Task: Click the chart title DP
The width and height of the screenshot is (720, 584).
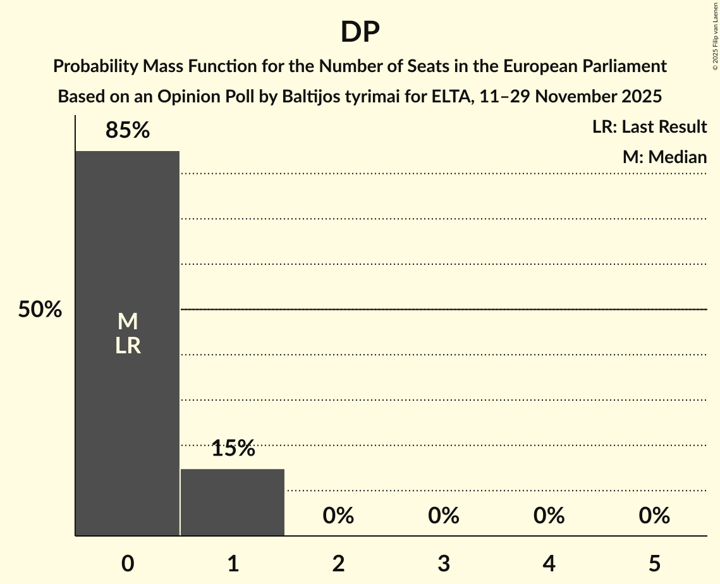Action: click(x=360, y=32)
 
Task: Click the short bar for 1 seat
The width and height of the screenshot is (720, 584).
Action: click(x=233, y=502)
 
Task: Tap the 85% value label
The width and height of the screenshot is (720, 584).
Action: click(x=128, y=131)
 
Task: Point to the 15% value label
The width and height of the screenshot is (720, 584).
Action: click(x=233, y=449)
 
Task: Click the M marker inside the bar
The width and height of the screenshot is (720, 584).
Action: click(x=128, y=322)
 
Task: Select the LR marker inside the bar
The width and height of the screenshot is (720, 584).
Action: click(x=128, y=346)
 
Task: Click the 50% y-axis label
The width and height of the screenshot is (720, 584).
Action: click(x=40, y=310)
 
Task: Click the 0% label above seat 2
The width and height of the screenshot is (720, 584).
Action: click(x=338, y=516)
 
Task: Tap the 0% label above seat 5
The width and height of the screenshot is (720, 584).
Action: click(x=654, y=516)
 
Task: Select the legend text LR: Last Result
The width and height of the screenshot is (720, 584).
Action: click(x=649, y=127)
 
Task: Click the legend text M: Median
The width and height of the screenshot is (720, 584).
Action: click(x=664, y=157)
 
